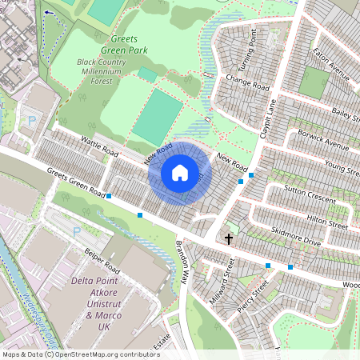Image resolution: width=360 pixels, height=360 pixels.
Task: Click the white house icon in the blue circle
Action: (180, 173)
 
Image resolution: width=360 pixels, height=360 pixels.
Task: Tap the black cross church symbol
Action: (229, 238)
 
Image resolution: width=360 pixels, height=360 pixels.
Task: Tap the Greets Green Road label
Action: (76, 182)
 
